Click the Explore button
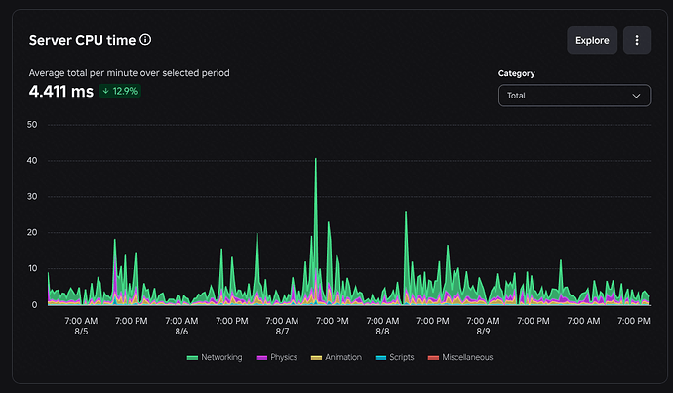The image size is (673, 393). pyautogui.click(x=592, y=40)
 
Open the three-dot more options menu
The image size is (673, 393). pyautogui.click(x=637, y=40)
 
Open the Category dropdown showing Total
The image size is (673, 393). pyautogui.click(x=574, y=96)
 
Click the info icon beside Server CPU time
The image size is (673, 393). pyautogui.click(x=145, y=40)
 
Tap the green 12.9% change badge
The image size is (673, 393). pyautogui.click(x=120, y=91)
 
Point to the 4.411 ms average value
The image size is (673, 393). pyautogui.click(x=60, y=91)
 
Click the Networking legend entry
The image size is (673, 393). pyautogui.click(x=215, y=357)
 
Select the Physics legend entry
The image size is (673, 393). pyautogui.click(x=277, y=357)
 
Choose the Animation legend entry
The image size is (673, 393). pyautogui.click(x=336, y=357)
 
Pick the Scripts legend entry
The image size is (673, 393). pyautogui.click(x=394, y=357)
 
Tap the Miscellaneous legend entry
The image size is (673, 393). pyautogui.click(x=460, y=357)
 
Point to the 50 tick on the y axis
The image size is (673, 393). pyautogui.click(x=32, y=125)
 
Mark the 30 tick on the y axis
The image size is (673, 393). pyautogui.click(x=32, y=197)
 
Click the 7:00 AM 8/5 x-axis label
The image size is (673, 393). pyautogui.click(x=81, y=326)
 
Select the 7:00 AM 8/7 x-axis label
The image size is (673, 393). pyautogui.click(x=282, y=326)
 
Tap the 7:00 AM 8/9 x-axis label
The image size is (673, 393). pyautogui.click(x=483, y=326)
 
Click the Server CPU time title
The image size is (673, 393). pyautogui.click(x=82, y=40)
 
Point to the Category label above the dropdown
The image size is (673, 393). pyautogui.click(x=516, y=73)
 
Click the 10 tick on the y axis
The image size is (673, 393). pyautogui.click(x=32, y=268)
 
